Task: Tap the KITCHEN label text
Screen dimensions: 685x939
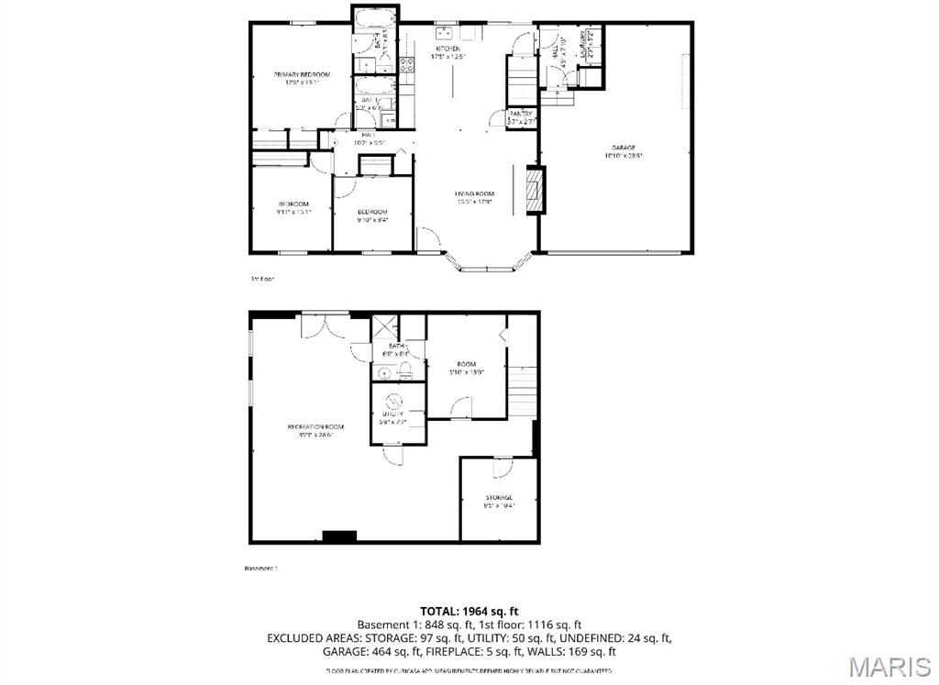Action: pos(448,49)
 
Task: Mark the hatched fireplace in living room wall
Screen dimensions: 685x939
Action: pos(534,190)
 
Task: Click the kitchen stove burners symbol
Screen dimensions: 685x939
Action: pos(406,64)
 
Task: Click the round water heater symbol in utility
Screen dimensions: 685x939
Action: pos(392,401)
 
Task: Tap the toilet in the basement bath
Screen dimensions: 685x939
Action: pos(408,371)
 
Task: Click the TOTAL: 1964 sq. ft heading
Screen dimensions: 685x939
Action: pos(469,611)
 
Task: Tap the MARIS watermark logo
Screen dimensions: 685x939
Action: pos(887,664)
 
